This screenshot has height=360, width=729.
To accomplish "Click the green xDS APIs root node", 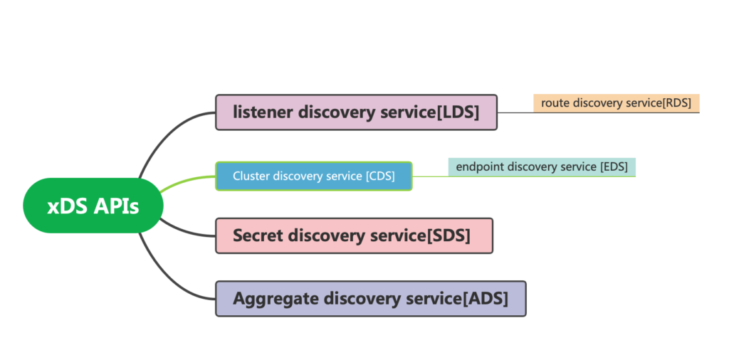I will point(93,206).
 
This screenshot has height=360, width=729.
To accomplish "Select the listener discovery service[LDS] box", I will point(356,112).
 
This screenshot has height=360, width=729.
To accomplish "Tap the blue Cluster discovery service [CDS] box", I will point(314,176).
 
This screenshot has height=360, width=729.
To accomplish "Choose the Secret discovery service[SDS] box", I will point(354,235).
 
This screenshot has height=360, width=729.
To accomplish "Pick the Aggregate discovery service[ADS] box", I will point(370,299).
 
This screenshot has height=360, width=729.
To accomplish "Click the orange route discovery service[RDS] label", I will point(617,103).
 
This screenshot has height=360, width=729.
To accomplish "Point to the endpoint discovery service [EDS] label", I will point(542,167).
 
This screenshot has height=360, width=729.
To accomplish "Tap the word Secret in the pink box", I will point(258,235).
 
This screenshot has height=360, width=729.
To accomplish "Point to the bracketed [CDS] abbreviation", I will point(380,176).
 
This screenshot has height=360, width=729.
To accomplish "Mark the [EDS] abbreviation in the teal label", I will point(614,167).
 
